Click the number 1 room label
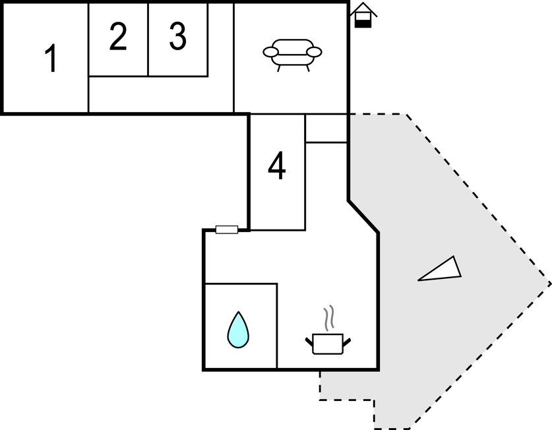point(51,59)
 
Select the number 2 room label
point(117,38)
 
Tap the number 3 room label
point(177,38)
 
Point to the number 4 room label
point(277,166)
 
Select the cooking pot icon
point(328,343)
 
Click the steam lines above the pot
point(329,318)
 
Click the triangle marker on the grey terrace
point(441,270)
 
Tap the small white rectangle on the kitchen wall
point(227,230)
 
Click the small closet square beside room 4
point(326,129)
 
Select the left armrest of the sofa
point(271,51)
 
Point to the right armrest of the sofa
point(315,51)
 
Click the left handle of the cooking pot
point(309,340)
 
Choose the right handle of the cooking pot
point(346,340)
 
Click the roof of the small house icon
point(363,9)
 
